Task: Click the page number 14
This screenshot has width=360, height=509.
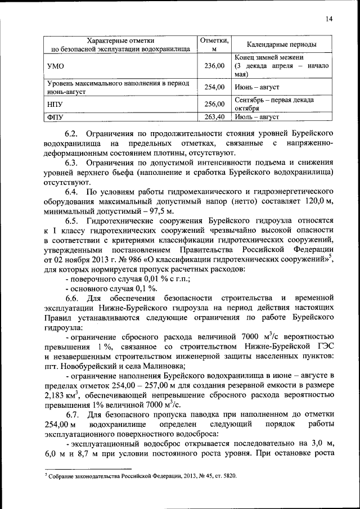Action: [x=329, y=20]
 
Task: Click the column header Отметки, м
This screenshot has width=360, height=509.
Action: [x=214, y=44]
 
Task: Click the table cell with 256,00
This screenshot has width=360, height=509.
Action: [x=214, y=103]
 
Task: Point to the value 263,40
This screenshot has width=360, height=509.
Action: [x=214, y=117]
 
